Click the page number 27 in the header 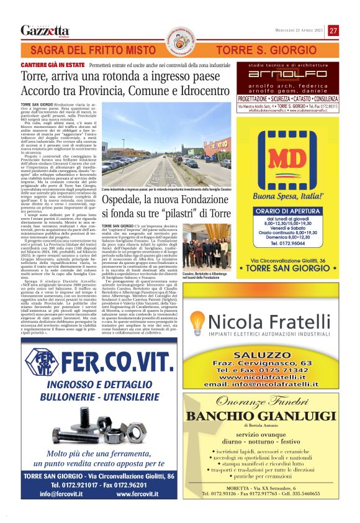[333, 30]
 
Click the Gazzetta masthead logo [45, 30]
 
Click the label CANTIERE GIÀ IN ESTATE [52, 65]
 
